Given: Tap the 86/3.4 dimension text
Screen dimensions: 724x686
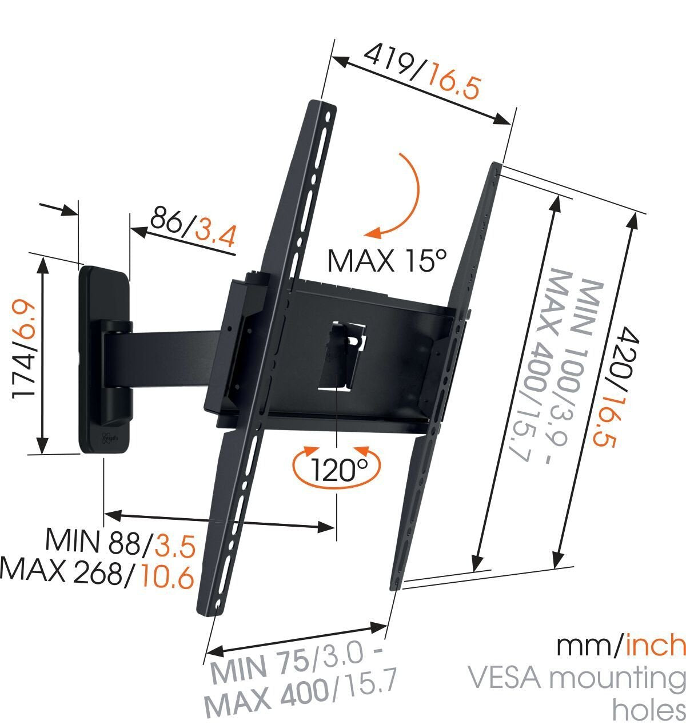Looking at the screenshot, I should point(192,226).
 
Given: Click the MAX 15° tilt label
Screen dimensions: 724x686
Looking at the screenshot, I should point(386,261).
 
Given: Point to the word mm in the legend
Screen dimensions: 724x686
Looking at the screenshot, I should point(585,646).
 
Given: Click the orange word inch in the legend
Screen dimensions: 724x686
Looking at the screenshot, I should point(655,646).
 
